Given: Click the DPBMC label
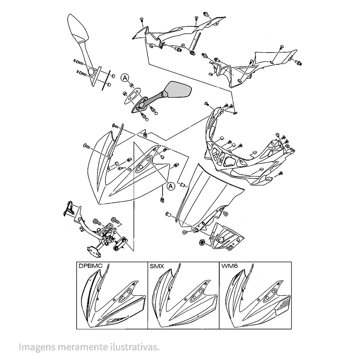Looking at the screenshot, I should tap(90, 267).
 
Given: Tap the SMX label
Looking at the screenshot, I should tap(157, 267).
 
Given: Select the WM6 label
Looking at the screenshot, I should tap(229, 267).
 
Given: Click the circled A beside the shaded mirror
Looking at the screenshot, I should tap(124, 77).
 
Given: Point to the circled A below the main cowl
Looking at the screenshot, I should tap(171, 185).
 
